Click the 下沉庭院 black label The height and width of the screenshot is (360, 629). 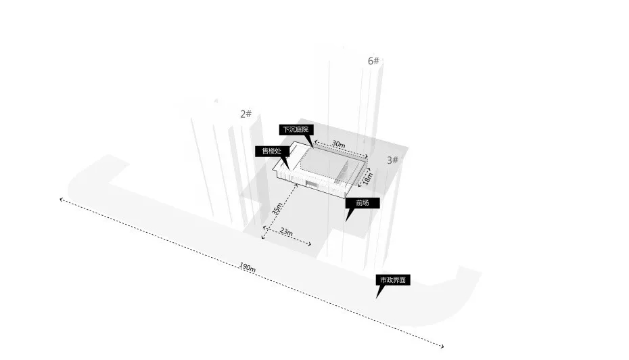click(296, 130)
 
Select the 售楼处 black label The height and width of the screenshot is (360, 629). click(272, 152)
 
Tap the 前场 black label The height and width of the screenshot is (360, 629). click(363, 203)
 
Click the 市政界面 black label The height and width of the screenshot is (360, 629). click(393, 279)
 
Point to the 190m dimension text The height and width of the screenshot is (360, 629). click(248, 267)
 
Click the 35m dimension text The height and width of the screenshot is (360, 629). click(277, 208)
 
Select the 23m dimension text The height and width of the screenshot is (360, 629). click(286, 231)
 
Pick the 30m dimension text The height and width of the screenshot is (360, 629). click(339, 144)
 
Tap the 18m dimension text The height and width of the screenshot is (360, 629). click(367, 178)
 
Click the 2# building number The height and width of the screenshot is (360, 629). click(246, 114)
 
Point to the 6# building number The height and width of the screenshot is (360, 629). click(373, 61)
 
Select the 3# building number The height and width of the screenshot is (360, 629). click(393, 160)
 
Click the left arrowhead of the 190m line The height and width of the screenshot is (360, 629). click(61, 199)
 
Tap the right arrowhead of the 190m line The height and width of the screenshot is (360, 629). click(442, 346)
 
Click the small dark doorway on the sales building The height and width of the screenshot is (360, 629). click(311, 183)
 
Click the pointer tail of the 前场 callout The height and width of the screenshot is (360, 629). click(346, 220)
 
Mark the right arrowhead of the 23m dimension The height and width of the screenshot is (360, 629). click(310, 244)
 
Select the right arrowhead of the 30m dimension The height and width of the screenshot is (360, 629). click(366, 156)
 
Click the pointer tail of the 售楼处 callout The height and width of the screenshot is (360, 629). click(288, 168)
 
